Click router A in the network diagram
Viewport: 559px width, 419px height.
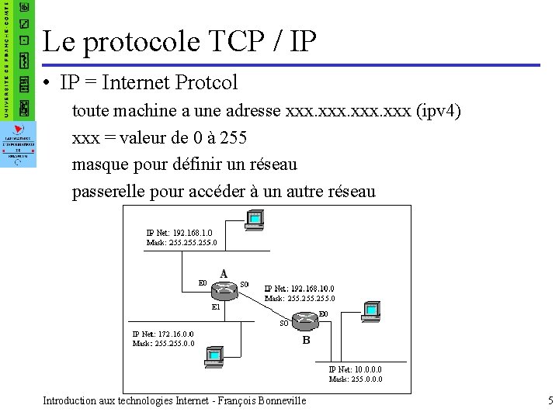[224, 289]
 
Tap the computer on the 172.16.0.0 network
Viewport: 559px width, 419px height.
[214, 356]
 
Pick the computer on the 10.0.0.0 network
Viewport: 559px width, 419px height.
[372, 310]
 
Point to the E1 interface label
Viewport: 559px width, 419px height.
[217, 306]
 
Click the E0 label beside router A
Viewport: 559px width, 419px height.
[203, 283]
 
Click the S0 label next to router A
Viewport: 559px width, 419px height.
[245, 284]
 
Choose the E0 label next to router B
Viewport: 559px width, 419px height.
[323, 313]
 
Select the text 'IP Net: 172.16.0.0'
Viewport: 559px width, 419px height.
[163, 334]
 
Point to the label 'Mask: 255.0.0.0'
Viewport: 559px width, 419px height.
[356, 379]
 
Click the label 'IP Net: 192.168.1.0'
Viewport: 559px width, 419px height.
[179, 232]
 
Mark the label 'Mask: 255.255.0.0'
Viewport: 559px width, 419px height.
[163, 343]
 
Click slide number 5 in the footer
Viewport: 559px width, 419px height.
[550, 401]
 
